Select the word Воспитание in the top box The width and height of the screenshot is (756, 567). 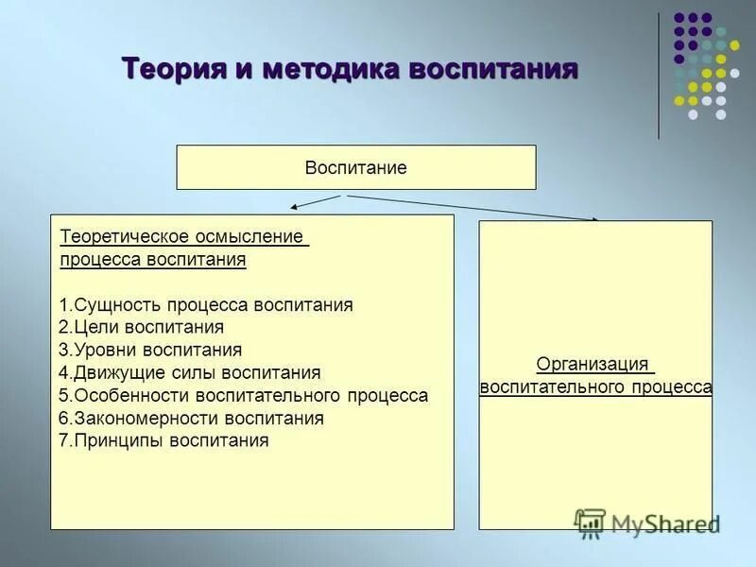[x=355, y=168]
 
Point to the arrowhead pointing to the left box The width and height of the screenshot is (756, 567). [x=294, y=206]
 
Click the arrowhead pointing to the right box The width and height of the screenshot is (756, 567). [x=594, y=219]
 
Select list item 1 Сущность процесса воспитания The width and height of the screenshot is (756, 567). [x=206, y=305]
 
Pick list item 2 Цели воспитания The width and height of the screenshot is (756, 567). [x=141, y=328]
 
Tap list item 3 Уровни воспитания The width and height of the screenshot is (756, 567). [x=150, y=351]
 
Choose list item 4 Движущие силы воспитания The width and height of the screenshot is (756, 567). [x=189, y=373]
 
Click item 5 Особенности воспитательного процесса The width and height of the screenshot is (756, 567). [x=243, y=396]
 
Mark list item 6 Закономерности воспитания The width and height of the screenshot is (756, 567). [x=191, y=419]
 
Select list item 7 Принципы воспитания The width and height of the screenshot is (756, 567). [x=163, y=441]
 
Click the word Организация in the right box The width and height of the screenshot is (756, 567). [x=593, y=365]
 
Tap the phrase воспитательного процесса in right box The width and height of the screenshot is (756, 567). [x=595, y=387]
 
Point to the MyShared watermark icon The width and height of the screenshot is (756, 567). [x=589, y=523]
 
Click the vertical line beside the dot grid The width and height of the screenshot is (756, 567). [x=659, y=76]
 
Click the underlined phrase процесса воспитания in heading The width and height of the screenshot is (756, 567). [x=152, y=259]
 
